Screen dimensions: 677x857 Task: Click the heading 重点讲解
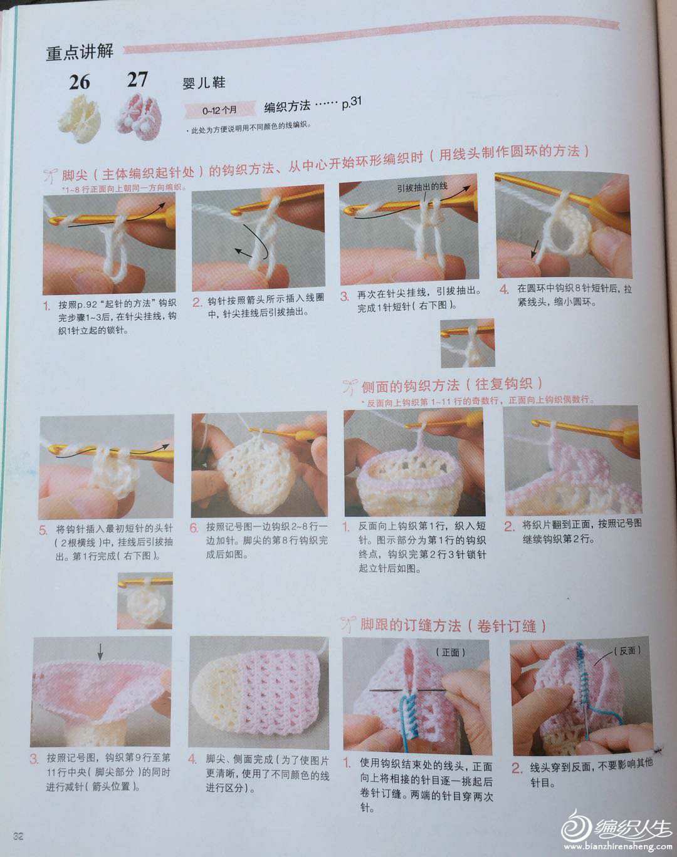pyautogui.click(x=80, y=52)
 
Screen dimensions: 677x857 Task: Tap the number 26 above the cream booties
pyautogui.click(x=79, y=83)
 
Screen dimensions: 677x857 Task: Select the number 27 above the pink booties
pyautogui.click(x=137, y=80)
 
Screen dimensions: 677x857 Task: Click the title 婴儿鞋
pyautogui.click(x=204, y=83)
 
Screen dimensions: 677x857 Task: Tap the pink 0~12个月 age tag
pyautogui.click(x=219, y=110)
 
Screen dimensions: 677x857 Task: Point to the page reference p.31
pyautogui.click(x=352, y=102)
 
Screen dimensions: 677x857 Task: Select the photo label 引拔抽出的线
pyautogui.click(x=422, y=187)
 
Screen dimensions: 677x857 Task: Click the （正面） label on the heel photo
pyautogui.click(x=450, y=652)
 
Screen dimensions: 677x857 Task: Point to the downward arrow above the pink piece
pyautogui.click(x=100, y=652)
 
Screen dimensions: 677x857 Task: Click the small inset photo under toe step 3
pyautogui.click(x=468, y=343)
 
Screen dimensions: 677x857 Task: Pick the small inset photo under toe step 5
pyautogui.click(x=145, y=601)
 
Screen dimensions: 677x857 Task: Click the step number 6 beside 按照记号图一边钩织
pyautogui.click(x=194, y=528)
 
